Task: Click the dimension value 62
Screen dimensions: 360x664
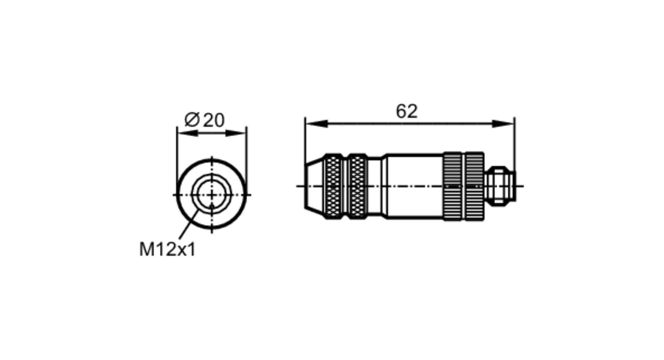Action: click(x=406, y=112)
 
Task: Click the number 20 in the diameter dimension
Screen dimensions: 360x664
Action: click(x=213, y=120)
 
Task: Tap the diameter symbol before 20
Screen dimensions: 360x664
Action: click(x=192, y=120)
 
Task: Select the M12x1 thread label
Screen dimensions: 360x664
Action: click(x=167, y=249)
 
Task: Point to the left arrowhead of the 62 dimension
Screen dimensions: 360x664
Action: click(x=316, y=124)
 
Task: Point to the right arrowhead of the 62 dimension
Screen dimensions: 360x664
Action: click(x=503, y=124)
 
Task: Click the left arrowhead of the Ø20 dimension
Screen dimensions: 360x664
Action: click(x=188, y=133)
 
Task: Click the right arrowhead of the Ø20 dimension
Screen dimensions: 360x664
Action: click(x=236, y=133)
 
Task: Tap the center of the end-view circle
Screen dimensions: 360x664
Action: click(x=212, y=195)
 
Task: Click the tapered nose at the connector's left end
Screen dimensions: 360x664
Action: click(x=313, y=186)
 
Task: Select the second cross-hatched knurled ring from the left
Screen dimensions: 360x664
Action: click(x=357, y=186)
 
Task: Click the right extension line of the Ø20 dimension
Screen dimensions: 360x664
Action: click(x=247, y=153)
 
